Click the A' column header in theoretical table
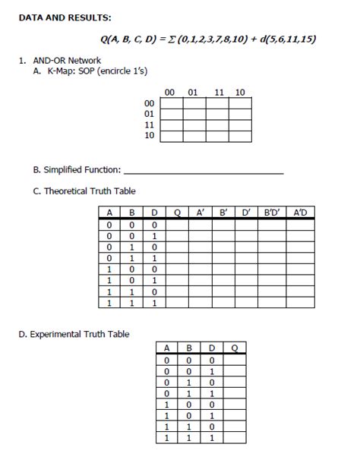(201, 213)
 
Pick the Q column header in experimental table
(235, 349)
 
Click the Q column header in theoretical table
(177, 213)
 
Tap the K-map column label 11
(219, 93)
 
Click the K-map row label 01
(149, 114)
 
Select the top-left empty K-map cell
(171, 102)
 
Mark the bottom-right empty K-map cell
(239, 137)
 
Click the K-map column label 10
(240, 93)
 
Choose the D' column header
(246, 213)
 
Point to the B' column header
(223, 213)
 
